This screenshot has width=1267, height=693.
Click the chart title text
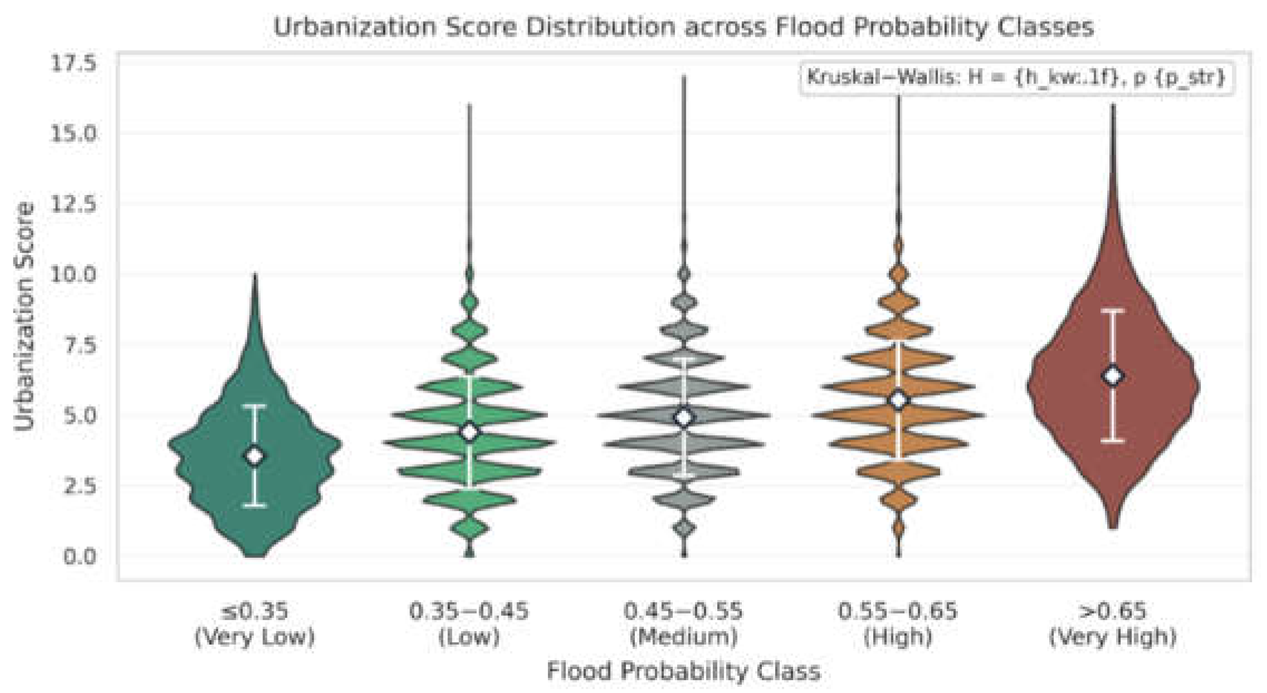pos(684,27)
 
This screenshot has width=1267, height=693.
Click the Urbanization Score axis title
pos(23,316)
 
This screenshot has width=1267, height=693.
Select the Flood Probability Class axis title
pos(684,670)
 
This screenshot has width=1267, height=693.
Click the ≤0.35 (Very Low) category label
pos(255,624)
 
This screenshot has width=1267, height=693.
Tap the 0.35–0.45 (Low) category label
pos(469,624)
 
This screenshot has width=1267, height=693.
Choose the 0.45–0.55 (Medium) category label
pos(684,624)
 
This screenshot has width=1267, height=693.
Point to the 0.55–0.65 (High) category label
pos(898,624)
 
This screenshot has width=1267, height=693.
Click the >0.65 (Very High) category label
pos(1113,624)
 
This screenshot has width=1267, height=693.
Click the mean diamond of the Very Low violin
pos(255,456)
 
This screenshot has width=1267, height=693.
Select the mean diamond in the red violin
pos(1113,376)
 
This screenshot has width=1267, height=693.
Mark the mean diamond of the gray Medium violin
pos(684,417)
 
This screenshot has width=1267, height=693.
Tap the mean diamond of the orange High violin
pos(898,400)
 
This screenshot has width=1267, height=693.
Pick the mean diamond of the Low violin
pos(469,432)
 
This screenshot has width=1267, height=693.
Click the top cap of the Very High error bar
pos(1113,310)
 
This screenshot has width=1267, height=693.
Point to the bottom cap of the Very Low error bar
pos(255,505)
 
